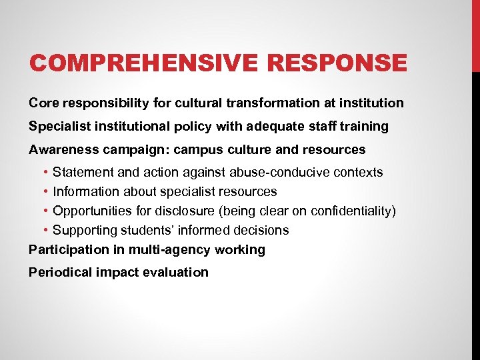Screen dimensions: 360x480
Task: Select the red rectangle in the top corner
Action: [475, 33]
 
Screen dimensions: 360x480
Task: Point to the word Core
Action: [43, 103]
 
